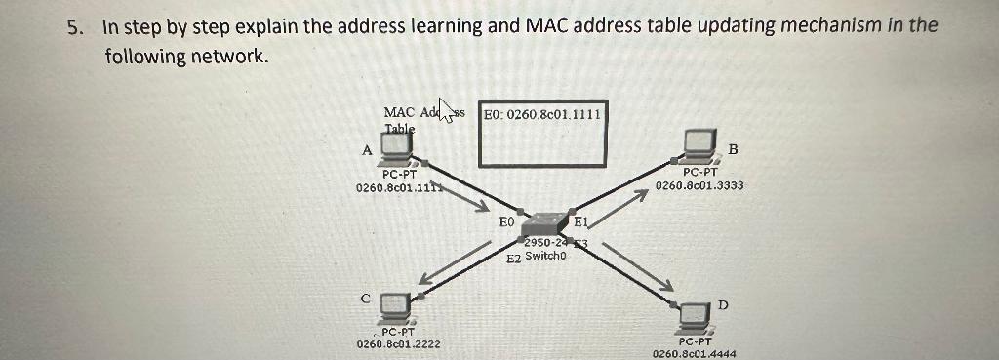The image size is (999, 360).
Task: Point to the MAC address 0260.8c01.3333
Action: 699,184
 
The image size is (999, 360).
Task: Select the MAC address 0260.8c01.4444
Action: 695,354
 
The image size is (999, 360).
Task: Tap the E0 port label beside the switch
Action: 505,222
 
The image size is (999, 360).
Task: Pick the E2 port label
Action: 513,259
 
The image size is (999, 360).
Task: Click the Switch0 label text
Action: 544,256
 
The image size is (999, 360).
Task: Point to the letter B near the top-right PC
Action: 734,149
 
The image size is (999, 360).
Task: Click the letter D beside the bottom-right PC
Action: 723,305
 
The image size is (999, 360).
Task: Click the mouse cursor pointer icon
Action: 448,110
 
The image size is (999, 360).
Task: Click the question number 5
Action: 74,26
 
